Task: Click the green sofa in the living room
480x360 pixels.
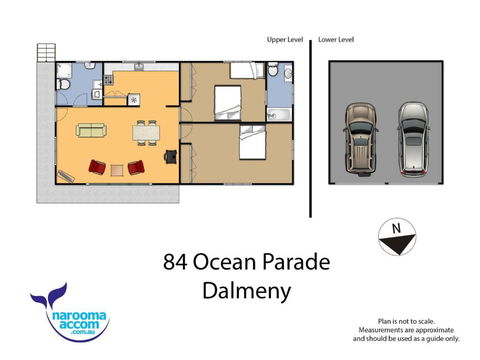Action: click(91, 130)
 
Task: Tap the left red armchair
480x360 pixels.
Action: click(97, 167)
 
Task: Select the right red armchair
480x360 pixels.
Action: click(136, 167)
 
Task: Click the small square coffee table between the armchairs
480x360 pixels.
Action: click(117, 170)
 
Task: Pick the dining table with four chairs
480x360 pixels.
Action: click(146, 133)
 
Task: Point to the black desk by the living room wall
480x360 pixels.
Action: click(171, 156)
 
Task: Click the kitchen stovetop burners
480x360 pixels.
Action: click(109, 80)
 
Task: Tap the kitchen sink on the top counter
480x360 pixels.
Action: click(139, 67)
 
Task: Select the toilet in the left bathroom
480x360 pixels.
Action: click(63, 84)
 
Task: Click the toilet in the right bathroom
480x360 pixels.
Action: click(273, 70)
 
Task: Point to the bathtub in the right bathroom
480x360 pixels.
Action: click(280, 114)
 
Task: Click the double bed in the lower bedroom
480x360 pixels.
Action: click(253, 142)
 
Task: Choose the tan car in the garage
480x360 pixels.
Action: click(361, 139)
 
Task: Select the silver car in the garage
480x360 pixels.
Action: click(413, 139)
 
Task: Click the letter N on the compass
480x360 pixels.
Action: click(396, 229)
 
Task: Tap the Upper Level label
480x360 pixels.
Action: click(285, 40)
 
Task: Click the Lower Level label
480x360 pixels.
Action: click(336, 40)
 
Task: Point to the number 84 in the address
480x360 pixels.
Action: click(175, 262)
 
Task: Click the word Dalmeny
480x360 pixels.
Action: click(247, 291)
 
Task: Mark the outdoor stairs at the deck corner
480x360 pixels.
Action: click(46, 53)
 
